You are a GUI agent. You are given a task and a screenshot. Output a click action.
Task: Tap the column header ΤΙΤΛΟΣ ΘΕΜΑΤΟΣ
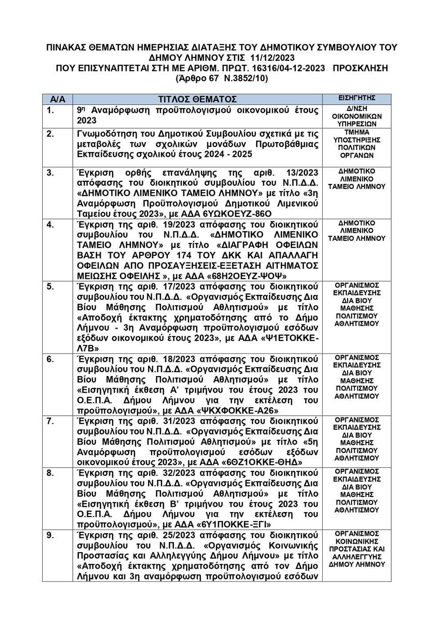point(198,99)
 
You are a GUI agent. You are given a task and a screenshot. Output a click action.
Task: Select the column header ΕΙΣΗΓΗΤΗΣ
point(357,98)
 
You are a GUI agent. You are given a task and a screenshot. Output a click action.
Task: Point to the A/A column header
point(58,99)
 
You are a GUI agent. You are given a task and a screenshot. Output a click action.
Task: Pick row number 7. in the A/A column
point(51,420)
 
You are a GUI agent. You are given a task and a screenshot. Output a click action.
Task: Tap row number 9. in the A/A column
point(51,535)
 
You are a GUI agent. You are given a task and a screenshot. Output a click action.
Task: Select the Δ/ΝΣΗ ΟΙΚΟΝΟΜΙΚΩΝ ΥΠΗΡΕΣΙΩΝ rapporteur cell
point(357,116)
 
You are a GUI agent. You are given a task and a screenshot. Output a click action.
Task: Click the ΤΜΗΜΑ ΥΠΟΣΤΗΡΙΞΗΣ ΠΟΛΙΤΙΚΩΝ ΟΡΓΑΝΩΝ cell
point(357,144)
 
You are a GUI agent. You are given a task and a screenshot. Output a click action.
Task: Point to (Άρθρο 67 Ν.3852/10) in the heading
point(222,79)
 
